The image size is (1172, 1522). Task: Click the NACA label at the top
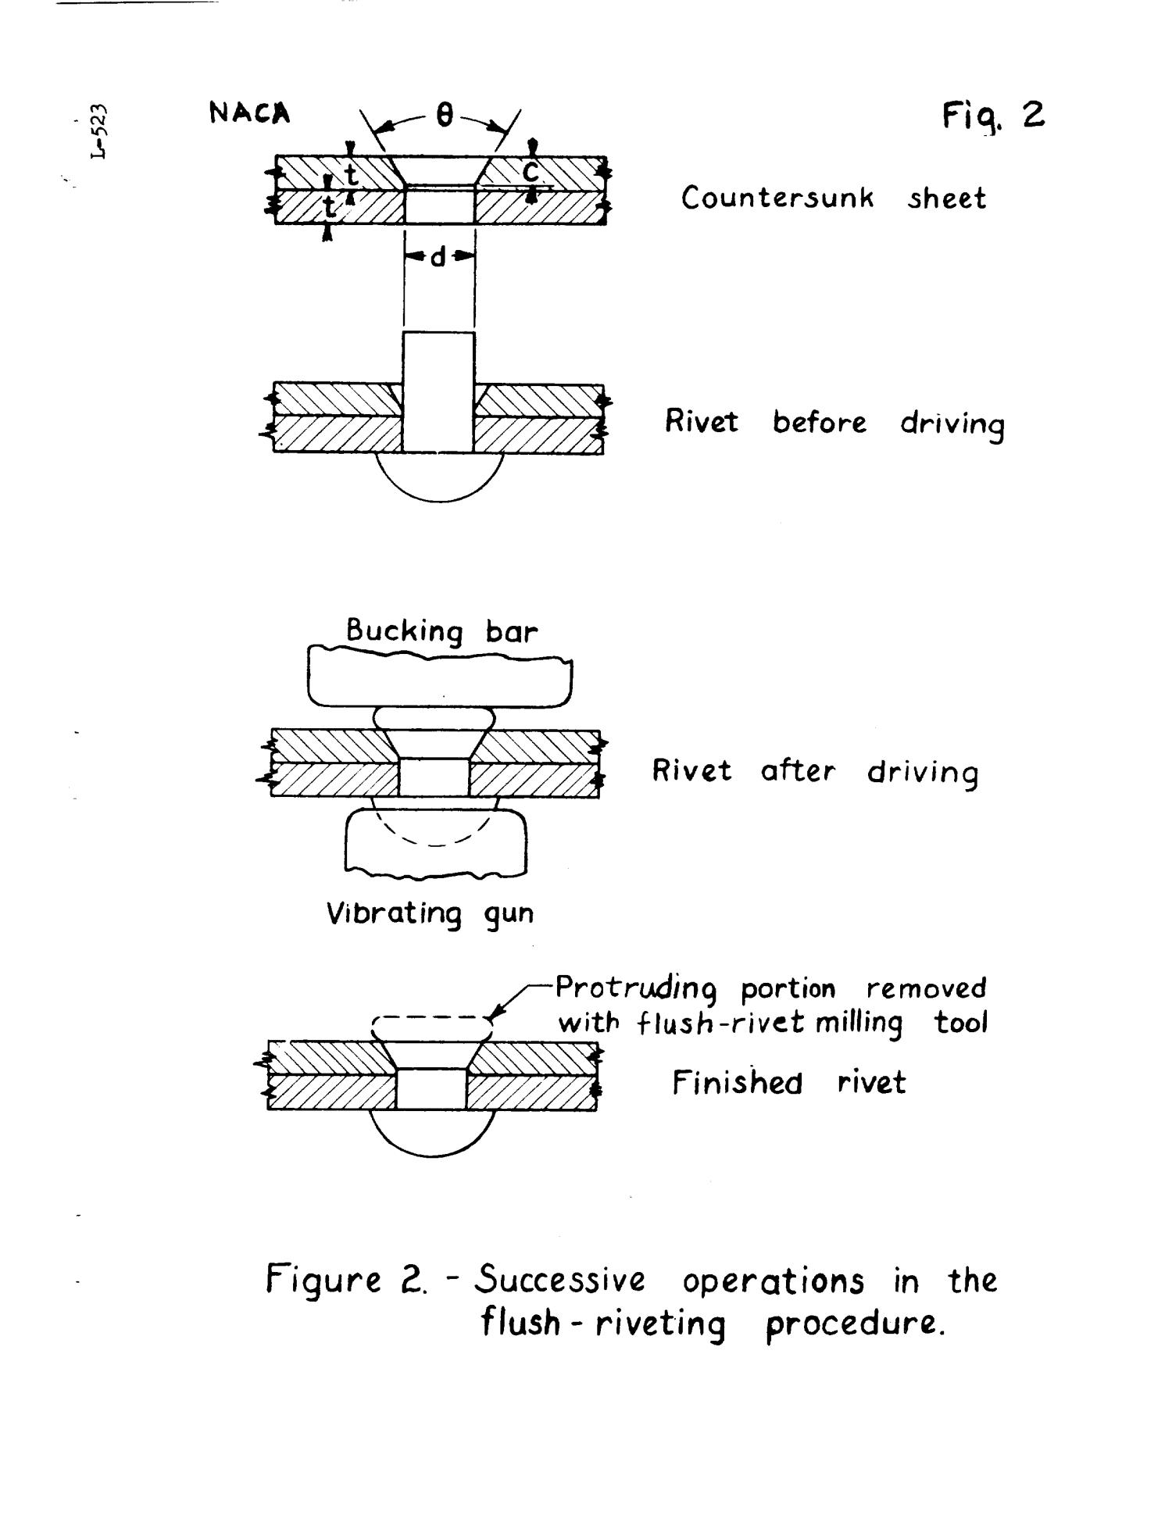pos(249,114)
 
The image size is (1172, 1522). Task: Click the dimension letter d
pos(438,256)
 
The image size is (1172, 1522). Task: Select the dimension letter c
pos(532,171)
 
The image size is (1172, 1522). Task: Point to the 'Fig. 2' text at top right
pos(993,116)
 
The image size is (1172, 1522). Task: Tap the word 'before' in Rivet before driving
pos(820,423)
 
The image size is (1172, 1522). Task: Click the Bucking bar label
pos(442,631)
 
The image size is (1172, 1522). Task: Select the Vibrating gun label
pos(430,913)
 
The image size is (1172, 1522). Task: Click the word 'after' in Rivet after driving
pos(798,772)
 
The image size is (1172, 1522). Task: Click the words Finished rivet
pos(789,1083)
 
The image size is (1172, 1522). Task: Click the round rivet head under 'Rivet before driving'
pos(440,477)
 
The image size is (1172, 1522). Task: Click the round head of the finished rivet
pos(432,1133)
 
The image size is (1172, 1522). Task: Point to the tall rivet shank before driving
pos(438,391)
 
